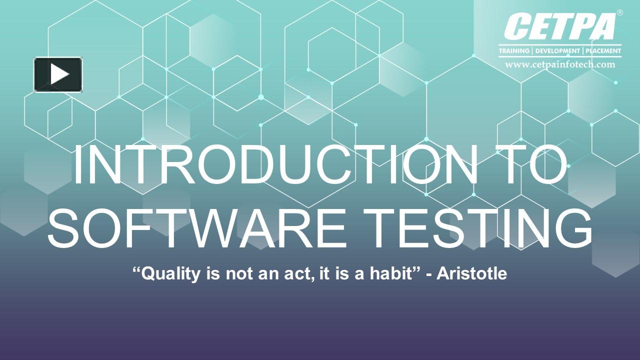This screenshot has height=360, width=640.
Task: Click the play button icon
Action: tap(58, 74)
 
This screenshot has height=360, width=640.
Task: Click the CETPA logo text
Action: tap(559, 27)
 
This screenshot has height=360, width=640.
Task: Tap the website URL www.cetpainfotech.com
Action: tap(559, 64)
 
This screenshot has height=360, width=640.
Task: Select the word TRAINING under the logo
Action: tap(514, 51)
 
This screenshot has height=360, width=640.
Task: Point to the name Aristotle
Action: tap(472, 274)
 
